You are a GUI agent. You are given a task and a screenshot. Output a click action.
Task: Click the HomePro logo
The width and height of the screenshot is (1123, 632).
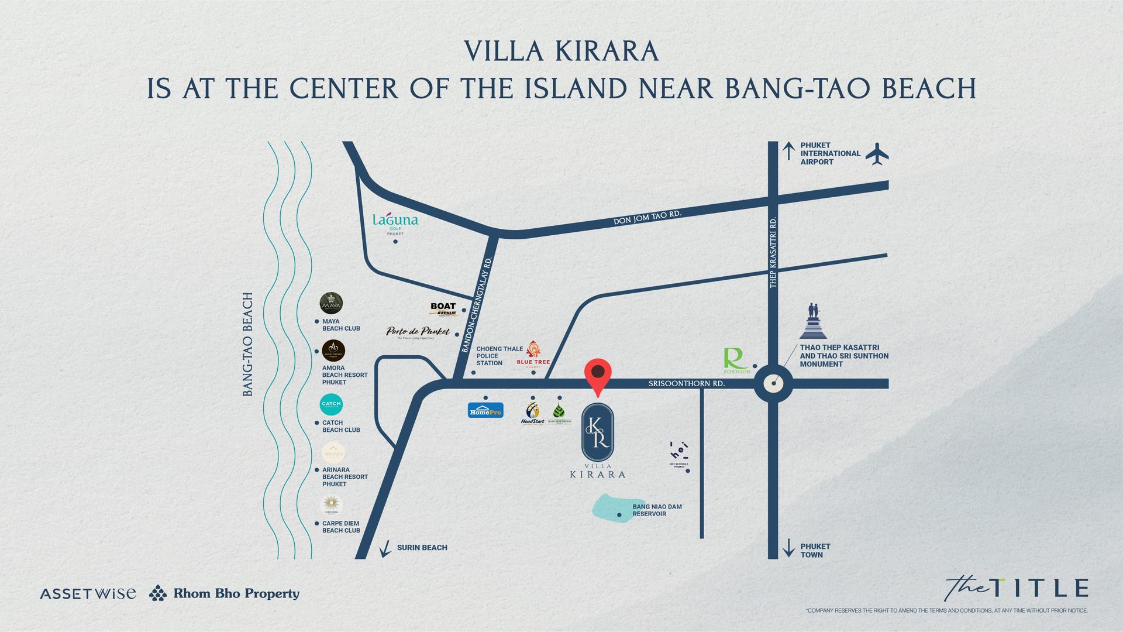485,410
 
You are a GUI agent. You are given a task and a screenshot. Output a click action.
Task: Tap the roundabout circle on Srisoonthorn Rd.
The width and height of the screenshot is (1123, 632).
773,384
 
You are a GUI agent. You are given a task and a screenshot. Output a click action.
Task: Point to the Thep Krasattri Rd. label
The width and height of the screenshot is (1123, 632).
773,252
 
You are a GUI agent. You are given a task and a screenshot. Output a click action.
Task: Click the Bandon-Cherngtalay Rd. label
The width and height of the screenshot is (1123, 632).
477,304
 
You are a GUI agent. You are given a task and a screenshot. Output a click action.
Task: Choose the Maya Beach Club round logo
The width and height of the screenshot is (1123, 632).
331,304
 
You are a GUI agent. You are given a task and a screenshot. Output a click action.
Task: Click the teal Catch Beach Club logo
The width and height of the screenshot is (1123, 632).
332,405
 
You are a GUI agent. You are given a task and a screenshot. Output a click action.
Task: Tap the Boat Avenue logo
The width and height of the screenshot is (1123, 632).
443,310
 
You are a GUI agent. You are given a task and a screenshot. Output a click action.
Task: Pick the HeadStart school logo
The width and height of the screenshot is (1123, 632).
533,413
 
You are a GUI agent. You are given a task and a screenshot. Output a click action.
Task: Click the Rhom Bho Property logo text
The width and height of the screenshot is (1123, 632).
236,593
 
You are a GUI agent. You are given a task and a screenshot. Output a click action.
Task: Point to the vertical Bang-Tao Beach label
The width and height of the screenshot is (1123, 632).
248,345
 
